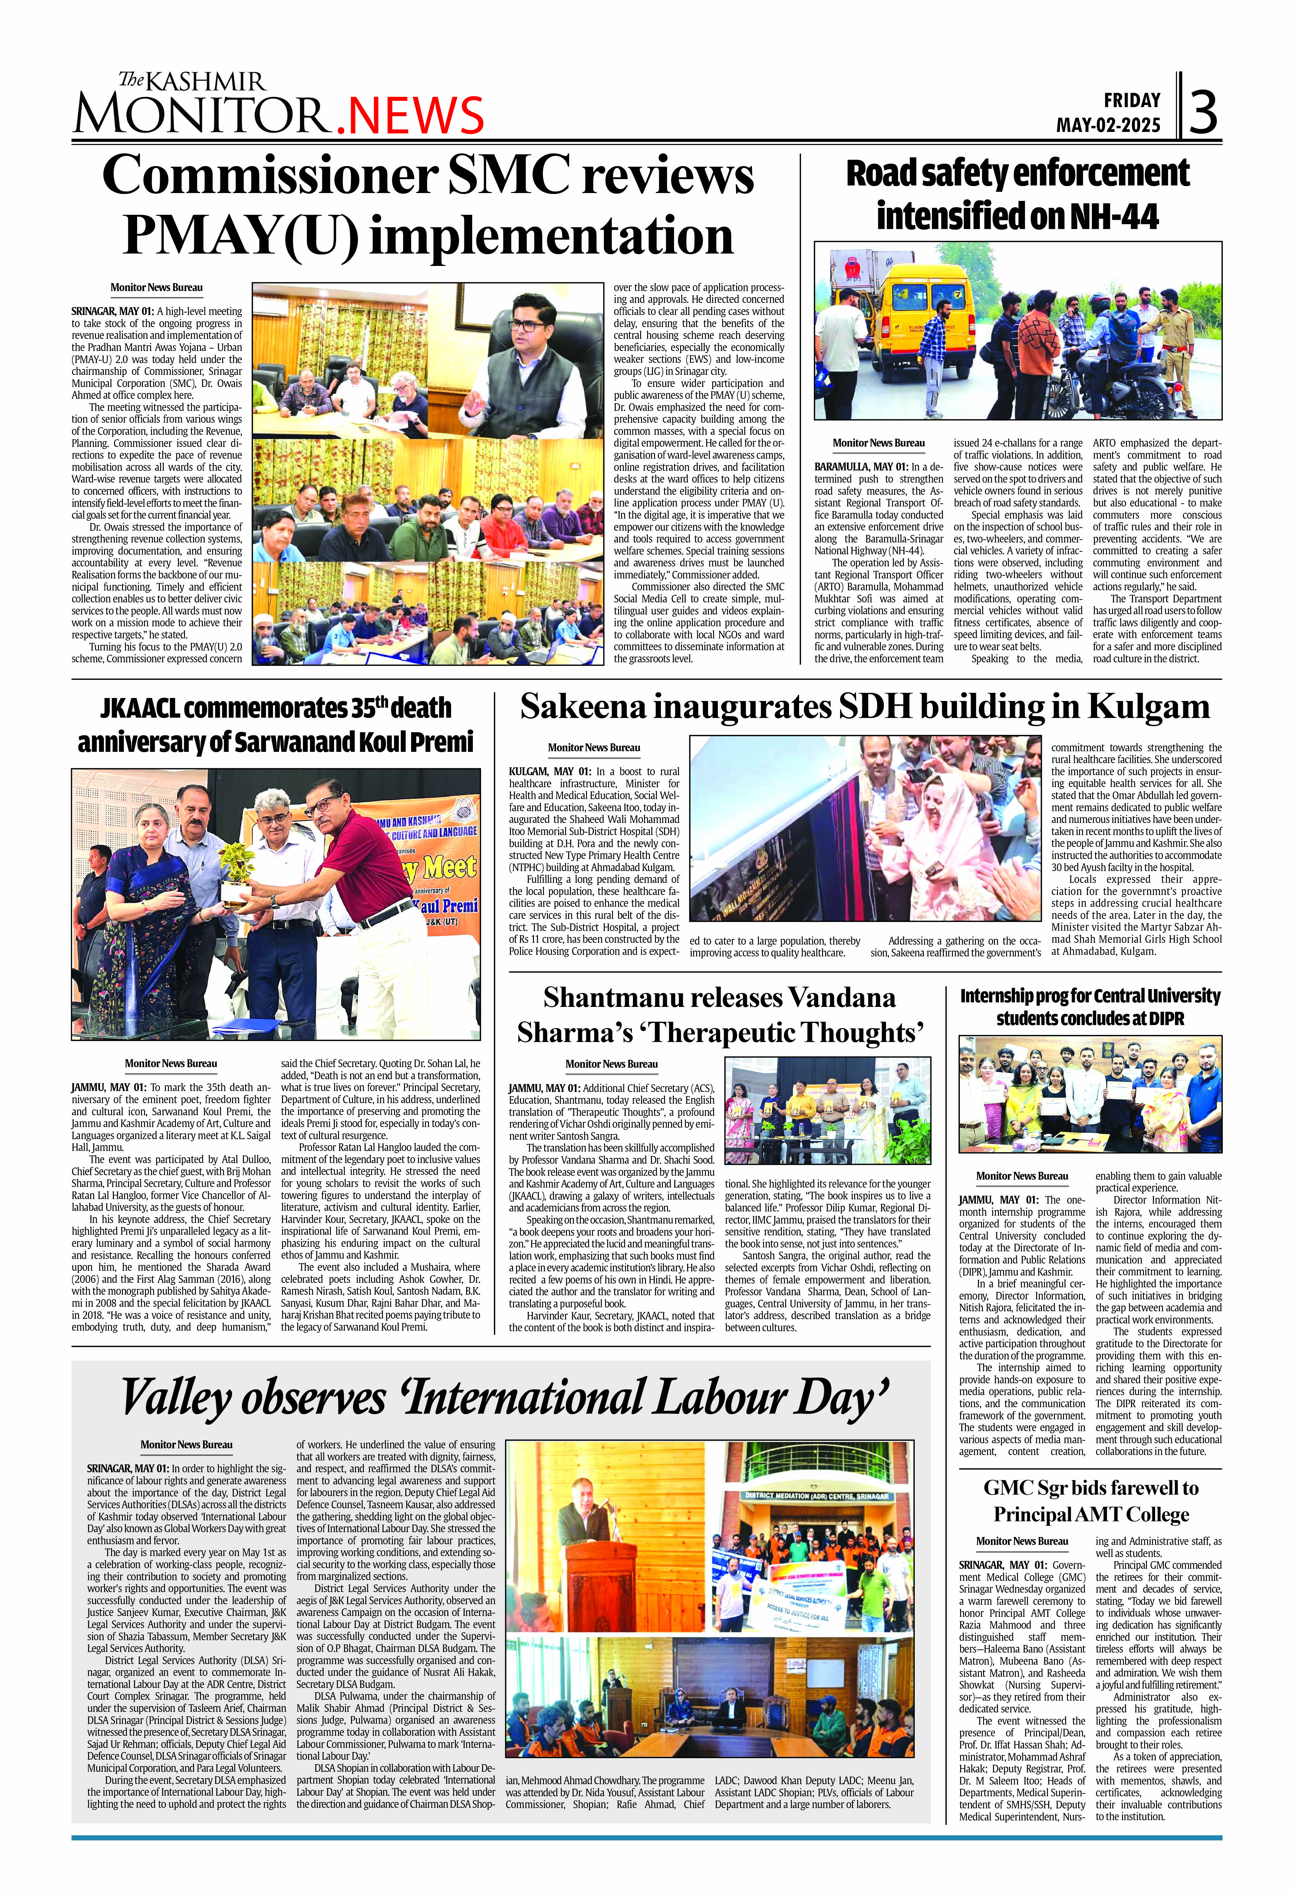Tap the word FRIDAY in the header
[x=1132, y=100]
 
